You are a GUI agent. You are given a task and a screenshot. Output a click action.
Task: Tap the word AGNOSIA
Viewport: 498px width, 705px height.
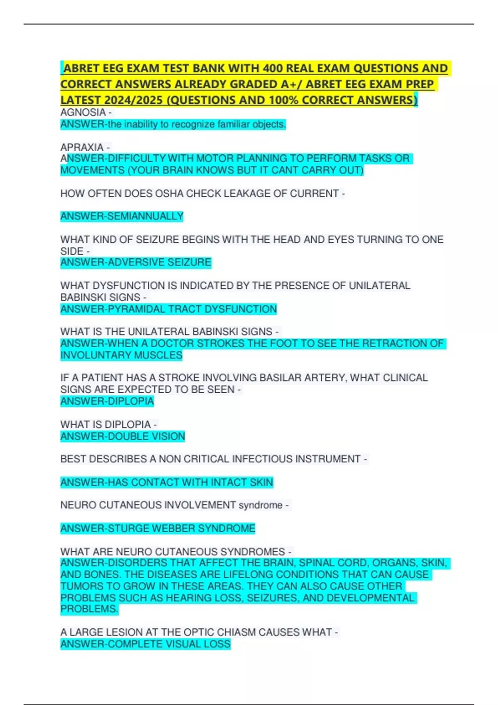click(83, 112)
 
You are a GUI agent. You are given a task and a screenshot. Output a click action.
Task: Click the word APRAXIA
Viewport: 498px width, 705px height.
click(82, 147)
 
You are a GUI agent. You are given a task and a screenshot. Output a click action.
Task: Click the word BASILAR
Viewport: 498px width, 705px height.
click(281, 378)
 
